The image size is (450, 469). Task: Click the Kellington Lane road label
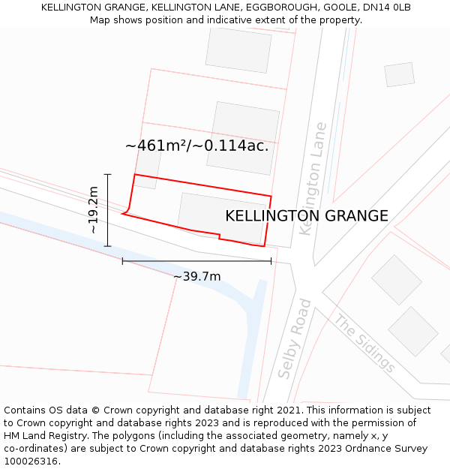[313, 179]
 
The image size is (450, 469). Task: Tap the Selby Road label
[295, 338]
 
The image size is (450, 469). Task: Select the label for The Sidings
[364, 344]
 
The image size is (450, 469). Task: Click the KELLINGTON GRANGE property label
[307, 216]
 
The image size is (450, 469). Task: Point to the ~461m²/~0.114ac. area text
[196, 146]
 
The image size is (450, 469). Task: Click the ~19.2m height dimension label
[94, 210]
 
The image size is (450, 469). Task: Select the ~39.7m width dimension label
[196, 277]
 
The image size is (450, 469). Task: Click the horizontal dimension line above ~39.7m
[196, 261]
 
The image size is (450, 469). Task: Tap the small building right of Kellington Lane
[399, 74]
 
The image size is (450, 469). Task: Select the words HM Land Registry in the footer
[40, 436]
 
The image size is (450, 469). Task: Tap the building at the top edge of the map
[238, 50]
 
